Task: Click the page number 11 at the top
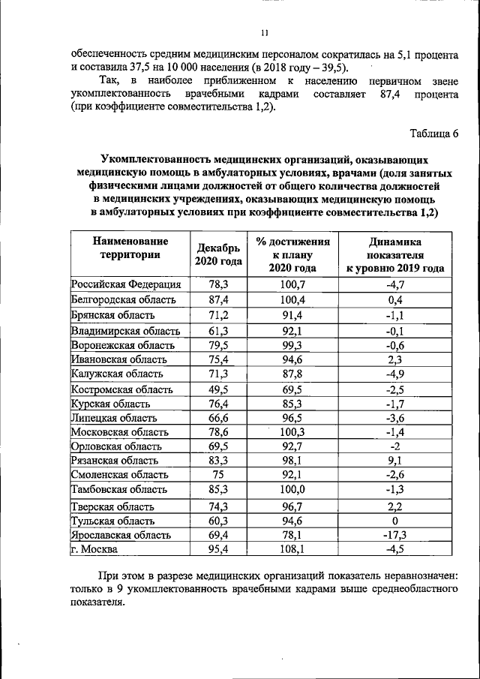(264, 32)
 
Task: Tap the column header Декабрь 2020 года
(217, 255)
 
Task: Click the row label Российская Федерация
(126, 285)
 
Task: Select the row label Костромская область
(121, 389)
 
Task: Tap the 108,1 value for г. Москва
(292, 549)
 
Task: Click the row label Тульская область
(113, 521)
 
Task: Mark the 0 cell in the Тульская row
(394, 521)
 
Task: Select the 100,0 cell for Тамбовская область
(292, 490)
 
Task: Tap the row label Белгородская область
(124, 300)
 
